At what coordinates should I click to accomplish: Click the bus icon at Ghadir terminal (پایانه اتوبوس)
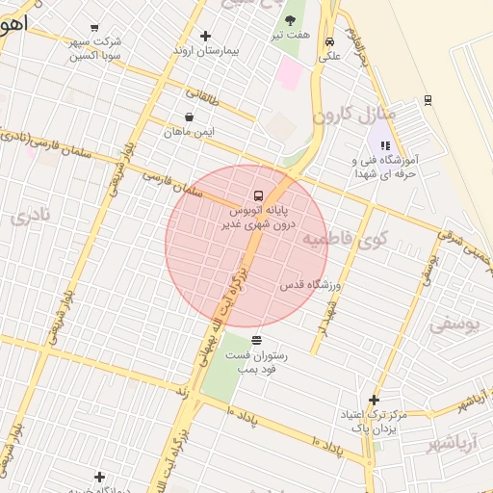coord(257,195)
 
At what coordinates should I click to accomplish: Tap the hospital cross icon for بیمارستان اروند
coord(205,36)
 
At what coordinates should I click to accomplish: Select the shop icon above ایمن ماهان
coord(188,117)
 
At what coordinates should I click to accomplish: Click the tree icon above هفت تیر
coord(290,20)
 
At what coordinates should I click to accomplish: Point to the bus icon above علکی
coord(330,42)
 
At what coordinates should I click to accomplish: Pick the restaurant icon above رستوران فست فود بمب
coord(256,340)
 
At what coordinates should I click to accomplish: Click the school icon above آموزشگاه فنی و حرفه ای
coord(385,145)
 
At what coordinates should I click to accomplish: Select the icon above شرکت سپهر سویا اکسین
coord(93,28)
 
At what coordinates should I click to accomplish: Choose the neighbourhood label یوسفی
coord(453,324)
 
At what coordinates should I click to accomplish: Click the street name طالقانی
coord(201,95)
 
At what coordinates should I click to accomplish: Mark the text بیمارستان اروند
coord(205,50)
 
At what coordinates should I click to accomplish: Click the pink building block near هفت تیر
coord(289,72)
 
